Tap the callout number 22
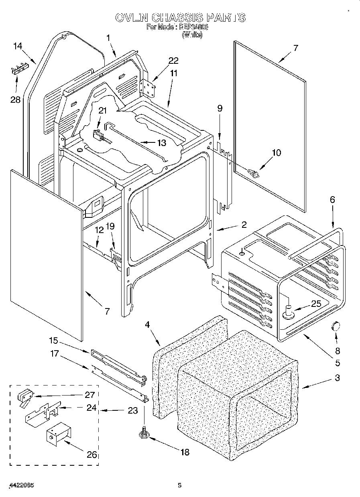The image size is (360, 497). (x=173, y=61)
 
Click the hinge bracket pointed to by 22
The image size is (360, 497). (x=149, y=88)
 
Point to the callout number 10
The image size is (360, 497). (x=277, y=152)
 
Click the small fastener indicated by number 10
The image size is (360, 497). (x=254, y=173)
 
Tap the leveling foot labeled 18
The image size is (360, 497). (x=144, y=434)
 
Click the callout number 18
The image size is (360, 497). (x=184, y=452)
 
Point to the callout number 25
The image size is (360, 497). (x=316, y=304)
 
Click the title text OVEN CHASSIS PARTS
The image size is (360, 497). (x=180, y=18)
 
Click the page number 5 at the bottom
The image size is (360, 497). (x=180, y=485)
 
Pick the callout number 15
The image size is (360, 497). (x=54, y=341)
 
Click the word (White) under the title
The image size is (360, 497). (x=192, y=35)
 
